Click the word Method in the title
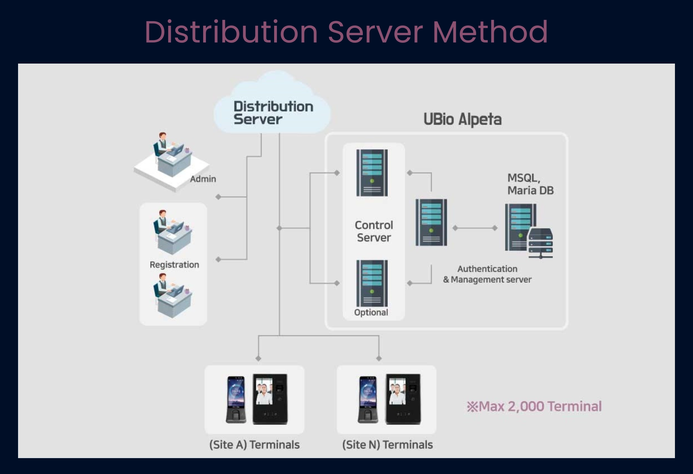point(490,32)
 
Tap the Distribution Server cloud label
point(273,113)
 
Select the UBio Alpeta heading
point(462,119)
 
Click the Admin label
point(203,179)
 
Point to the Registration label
point(174,265)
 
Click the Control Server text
point(374,231)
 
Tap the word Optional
point(371,312)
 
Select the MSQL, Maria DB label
point(531,184)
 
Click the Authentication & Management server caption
point(487,274)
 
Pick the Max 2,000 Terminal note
point(534,406)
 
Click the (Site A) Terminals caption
point(254,445)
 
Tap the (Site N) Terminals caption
point(387,445)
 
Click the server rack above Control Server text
point(372,173)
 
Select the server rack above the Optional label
point(372,283)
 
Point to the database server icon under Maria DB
point(529,231)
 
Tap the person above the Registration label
point(172,232)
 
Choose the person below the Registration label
point(172,295)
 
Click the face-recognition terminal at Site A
point(270,399)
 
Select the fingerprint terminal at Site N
point(368,400)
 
